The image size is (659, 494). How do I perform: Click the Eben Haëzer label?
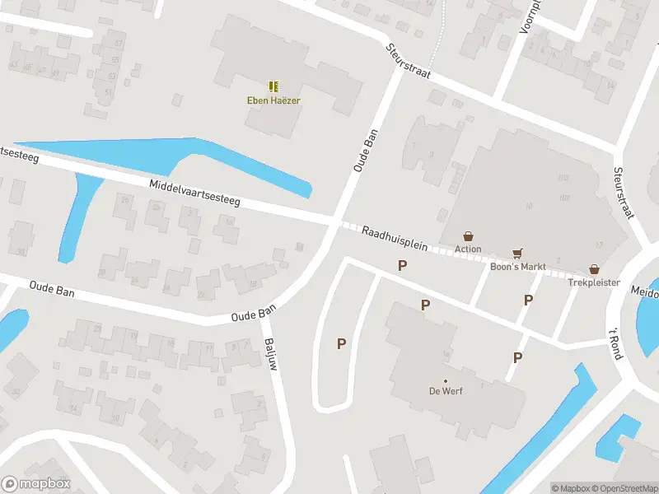click(273, 100)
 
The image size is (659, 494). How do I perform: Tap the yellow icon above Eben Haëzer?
click(273, 86)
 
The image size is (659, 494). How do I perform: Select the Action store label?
click(468, 249)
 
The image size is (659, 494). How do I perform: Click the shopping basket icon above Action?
click(468, 236)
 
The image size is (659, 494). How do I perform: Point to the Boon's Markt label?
click(518, 266)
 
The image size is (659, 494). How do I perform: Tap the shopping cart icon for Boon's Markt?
click(518, 254)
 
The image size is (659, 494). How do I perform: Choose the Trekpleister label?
click(593, 282)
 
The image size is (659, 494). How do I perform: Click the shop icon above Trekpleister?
click(593, 269)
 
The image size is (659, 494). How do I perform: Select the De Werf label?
click(445, 391)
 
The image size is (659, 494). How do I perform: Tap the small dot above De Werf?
click(445, 380)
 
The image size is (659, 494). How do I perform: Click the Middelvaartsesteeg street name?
click(194, 194)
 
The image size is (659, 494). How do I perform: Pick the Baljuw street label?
click(269, 352)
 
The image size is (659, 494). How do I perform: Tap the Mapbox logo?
click(35, 484)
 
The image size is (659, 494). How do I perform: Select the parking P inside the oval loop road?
click(341, 343)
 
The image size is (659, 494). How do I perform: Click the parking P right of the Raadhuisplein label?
click(403, 265)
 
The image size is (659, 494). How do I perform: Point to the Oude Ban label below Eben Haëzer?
click(366, 150)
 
